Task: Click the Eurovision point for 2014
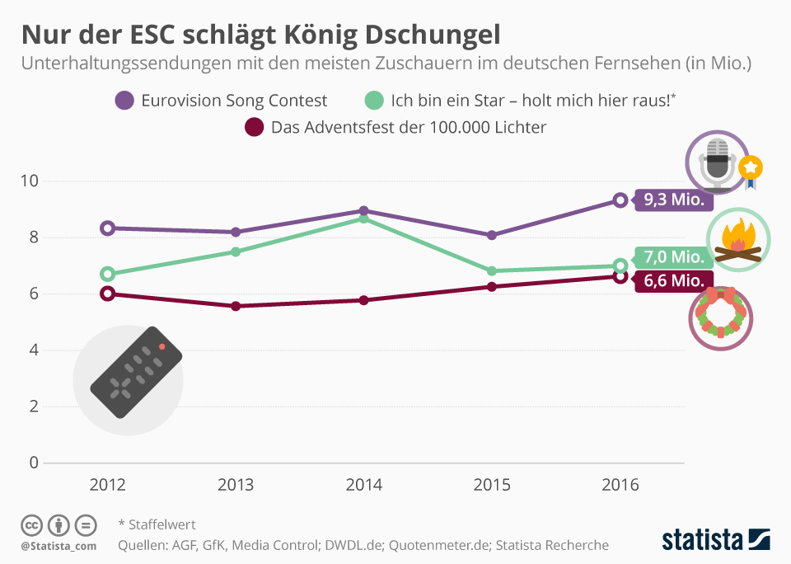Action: pyautogui.click(x=363, y=211)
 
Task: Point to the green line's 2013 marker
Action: pyautogui.click(x=236, y=251)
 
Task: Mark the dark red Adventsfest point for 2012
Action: pyautogui.click(x=107, y=294)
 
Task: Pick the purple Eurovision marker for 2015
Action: pyautogui.click(x=492, y=235)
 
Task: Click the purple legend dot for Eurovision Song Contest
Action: pyautogui.click(x=125, y=101)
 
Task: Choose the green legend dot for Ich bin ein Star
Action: pyautogui.click(x=375, y=101)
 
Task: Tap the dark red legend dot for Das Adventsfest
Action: pyautogui.click(x=255, y=127)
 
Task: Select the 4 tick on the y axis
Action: pyautogui.click(x=34, y=350)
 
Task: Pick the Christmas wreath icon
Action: pyautogui.click(x=721, y=313)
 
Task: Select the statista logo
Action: pyautogui.click(x=715, y=540)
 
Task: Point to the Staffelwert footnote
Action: pyautogui.click(x=157, y=524)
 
